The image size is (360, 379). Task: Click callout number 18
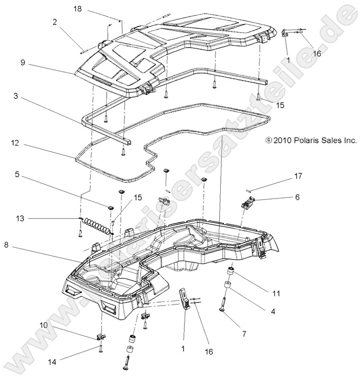tap(78, 9)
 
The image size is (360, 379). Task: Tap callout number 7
tap(244, 334)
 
